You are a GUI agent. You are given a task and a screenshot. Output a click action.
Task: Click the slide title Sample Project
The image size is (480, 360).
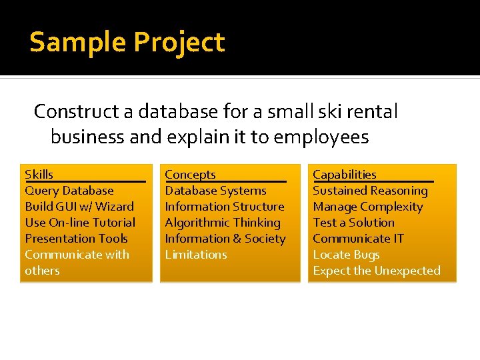point(127,43)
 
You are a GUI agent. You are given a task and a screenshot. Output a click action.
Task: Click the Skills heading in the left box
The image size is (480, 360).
point(39,175)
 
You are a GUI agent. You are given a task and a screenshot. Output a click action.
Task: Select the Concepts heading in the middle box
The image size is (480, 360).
point(190,175)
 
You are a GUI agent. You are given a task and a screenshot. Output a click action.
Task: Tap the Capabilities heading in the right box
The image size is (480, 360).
point(345,175)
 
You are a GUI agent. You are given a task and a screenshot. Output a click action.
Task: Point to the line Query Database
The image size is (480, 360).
point(69,191)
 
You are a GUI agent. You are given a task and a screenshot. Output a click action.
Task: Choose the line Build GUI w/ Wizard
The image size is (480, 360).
point(79,207)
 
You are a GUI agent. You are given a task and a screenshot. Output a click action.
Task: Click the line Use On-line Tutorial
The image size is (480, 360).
point(80,223)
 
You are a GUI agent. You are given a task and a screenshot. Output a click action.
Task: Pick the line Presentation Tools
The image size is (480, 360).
point(76,239)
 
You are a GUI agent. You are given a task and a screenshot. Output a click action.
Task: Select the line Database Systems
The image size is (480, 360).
point(215,191)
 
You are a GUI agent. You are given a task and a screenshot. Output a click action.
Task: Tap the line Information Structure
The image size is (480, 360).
point(225,207)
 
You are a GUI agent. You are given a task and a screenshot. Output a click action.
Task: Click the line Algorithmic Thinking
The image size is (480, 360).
point(223,223)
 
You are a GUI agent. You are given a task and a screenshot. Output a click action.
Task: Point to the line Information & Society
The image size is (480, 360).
point(225,239)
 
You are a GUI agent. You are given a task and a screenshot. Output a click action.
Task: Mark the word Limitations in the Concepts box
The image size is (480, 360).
point(196,255)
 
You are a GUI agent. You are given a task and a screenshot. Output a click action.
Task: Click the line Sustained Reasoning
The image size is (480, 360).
point(370,191)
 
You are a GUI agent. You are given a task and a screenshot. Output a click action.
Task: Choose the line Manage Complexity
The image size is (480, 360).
point(368,207)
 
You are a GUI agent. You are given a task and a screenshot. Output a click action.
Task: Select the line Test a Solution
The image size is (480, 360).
point(353,223)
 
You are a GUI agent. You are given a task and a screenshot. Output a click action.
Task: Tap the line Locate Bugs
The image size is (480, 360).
point(346,255)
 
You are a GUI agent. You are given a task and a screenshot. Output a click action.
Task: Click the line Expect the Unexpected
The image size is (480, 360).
point(377,271)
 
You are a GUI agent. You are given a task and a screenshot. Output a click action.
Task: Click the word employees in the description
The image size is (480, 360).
point(321,137)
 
